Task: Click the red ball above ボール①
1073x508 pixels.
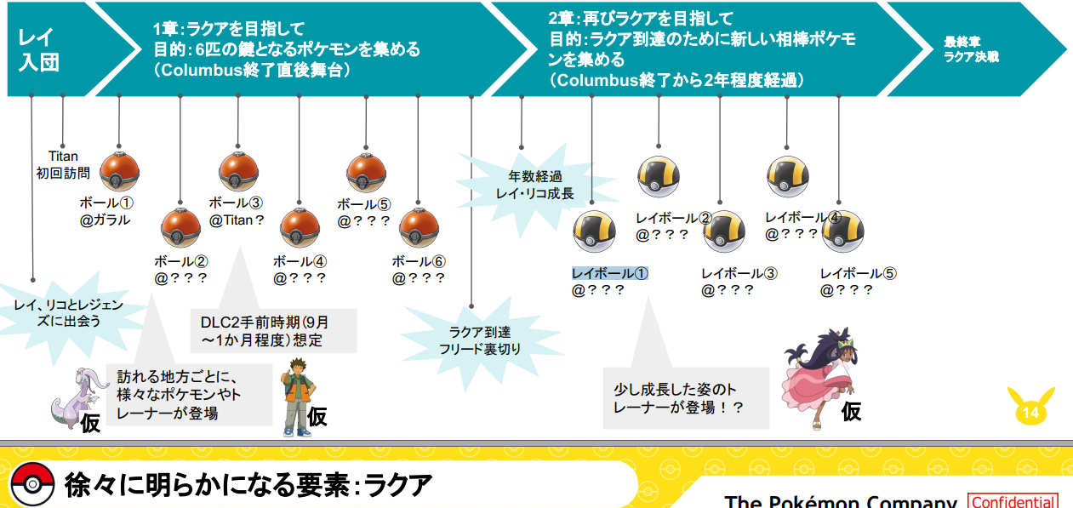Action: (119, 173)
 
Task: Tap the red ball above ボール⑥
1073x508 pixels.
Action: (419, 228)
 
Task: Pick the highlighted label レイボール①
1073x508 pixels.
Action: (609, 273)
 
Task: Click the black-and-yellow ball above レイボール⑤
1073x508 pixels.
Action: (842, 231)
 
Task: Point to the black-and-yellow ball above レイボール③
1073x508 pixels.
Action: (724, 231)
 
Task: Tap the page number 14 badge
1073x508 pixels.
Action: (1030, 412)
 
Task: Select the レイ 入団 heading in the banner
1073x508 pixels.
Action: (38, 49)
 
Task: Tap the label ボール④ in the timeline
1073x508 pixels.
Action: (300, 261)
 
